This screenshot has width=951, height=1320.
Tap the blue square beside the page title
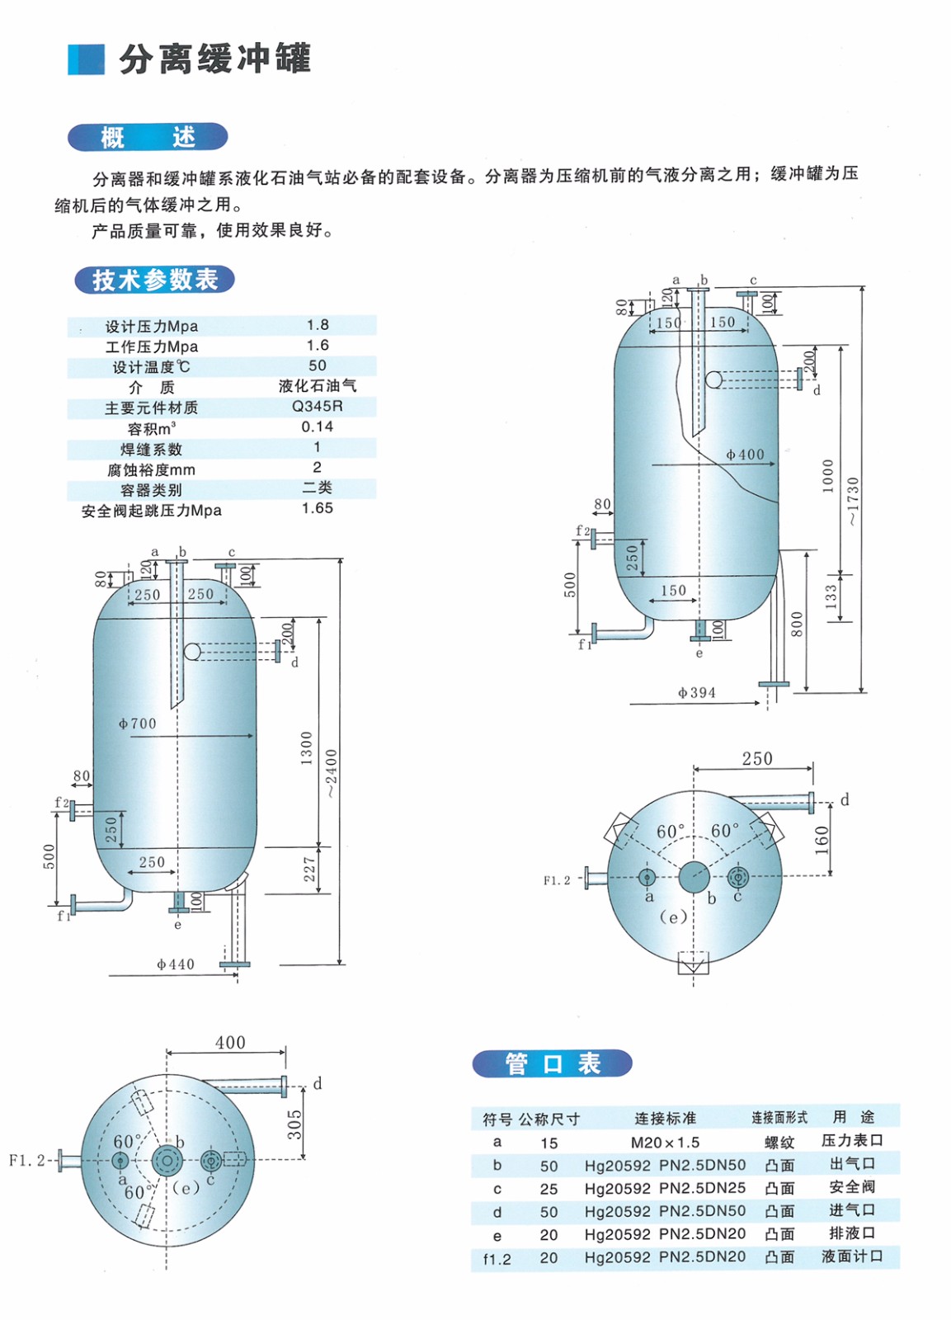(x=86, y=59)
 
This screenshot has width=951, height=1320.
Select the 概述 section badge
(x=148, y=137)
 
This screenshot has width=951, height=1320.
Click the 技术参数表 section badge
(x=154, y=280)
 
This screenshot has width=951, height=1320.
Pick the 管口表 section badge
(x=552, y=1063)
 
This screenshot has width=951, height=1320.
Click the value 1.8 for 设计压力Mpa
(x=318, y=325)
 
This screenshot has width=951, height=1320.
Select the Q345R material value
(x=318, y=406)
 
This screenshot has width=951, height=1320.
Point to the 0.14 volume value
(x=318, y=427)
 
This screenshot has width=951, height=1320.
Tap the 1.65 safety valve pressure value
(x=318, y=508)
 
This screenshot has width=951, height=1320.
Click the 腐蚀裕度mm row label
(x=151, y=470)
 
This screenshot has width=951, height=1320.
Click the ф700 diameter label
(x=137, y=724)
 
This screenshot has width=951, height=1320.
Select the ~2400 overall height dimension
(x=332, y=773)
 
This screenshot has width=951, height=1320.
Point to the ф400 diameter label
(x=745, y=455)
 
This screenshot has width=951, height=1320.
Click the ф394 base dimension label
(x=696, y=693)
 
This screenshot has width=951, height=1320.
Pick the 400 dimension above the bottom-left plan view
(x=230, y=1043)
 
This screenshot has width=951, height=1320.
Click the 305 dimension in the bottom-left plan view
(x=294, y=1124)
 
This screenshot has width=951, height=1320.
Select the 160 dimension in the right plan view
(x=822, y=841)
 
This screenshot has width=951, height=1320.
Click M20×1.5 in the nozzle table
(x=665, y=1143)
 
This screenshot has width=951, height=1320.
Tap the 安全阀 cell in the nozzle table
(x=852, y=1187)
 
